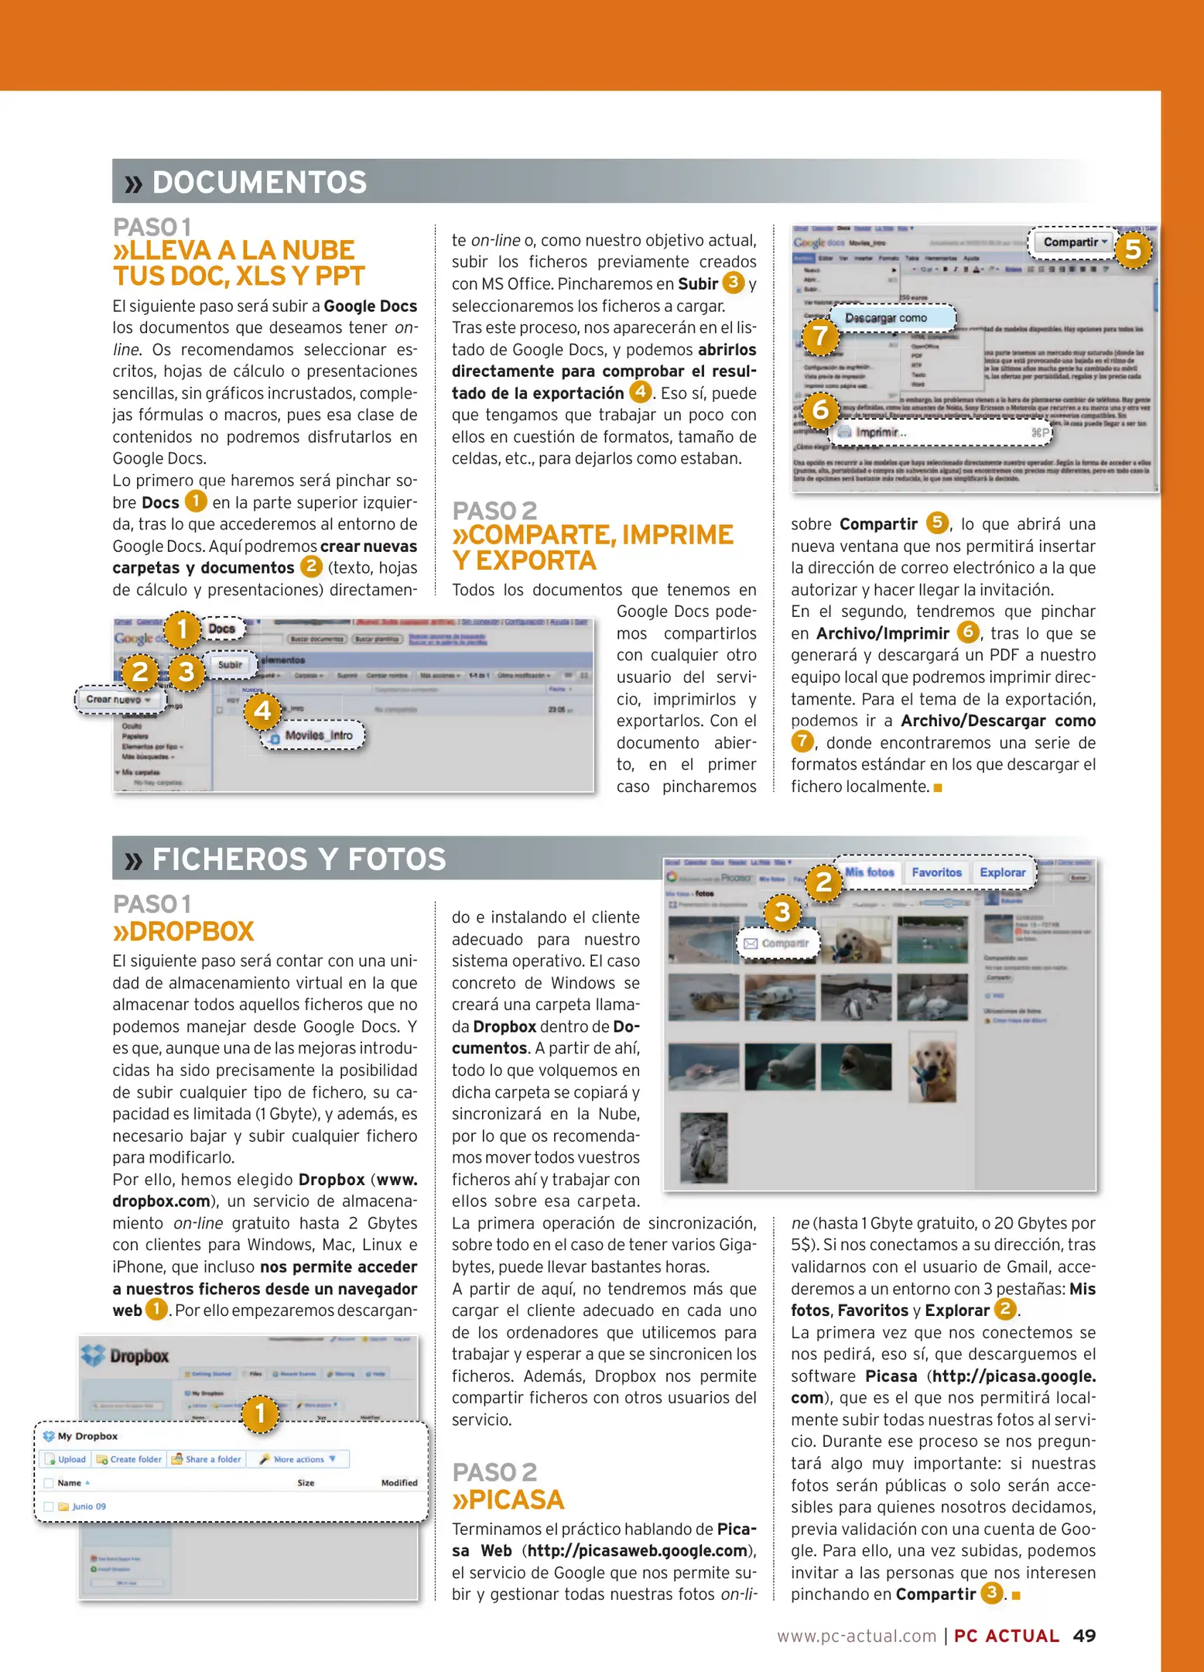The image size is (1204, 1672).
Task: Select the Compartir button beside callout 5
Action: (x=1074, y=242)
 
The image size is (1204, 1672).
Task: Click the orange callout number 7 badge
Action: (x=819, y=336)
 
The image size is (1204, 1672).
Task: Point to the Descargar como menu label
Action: (x=886, y=318)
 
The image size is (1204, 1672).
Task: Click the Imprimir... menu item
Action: (x=880, y=432)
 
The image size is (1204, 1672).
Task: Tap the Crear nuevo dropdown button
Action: (x=118, y=699)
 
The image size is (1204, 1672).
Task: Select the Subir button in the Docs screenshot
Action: (x=230, y=664)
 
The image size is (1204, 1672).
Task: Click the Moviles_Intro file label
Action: (x=318, y=735)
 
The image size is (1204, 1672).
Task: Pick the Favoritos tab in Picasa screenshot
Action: (x=936, y=872)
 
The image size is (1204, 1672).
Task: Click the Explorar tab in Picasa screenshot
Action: (x=1002, y=872)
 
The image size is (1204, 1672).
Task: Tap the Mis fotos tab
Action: (x=869, y=872)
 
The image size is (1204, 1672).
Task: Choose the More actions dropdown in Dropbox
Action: (x=298, y=1459)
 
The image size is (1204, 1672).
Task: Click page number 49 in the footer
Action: (x=1084, y=1636)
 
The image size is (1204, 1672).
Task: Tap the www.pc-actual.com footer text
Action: (x=857, y=1636)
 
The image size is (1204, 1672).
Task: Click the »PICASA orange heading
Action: (x=508, y=1499)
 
